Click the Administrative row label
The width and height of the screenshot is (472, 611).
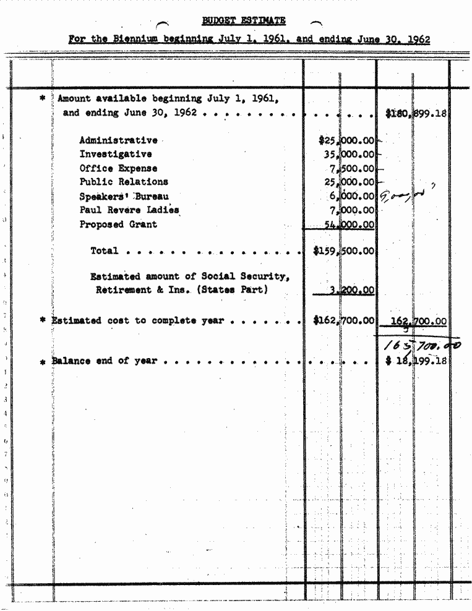click(x=118, y=140)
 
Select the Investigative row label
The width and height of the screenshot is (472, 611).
click(x=115, y=154)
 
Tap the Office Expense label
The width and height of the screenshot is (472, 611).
click(x=118, y=168)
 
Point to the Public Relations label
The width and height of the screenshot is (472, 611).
click(x=123, y=182)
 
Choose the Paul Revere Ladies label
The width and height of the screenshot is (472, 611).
click(x=129, y=210)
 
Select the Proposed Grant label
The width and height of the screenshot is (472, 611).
click(x=118, y=224)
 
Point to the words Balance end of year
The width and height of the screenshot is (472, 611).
click(x=105, y=361)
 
